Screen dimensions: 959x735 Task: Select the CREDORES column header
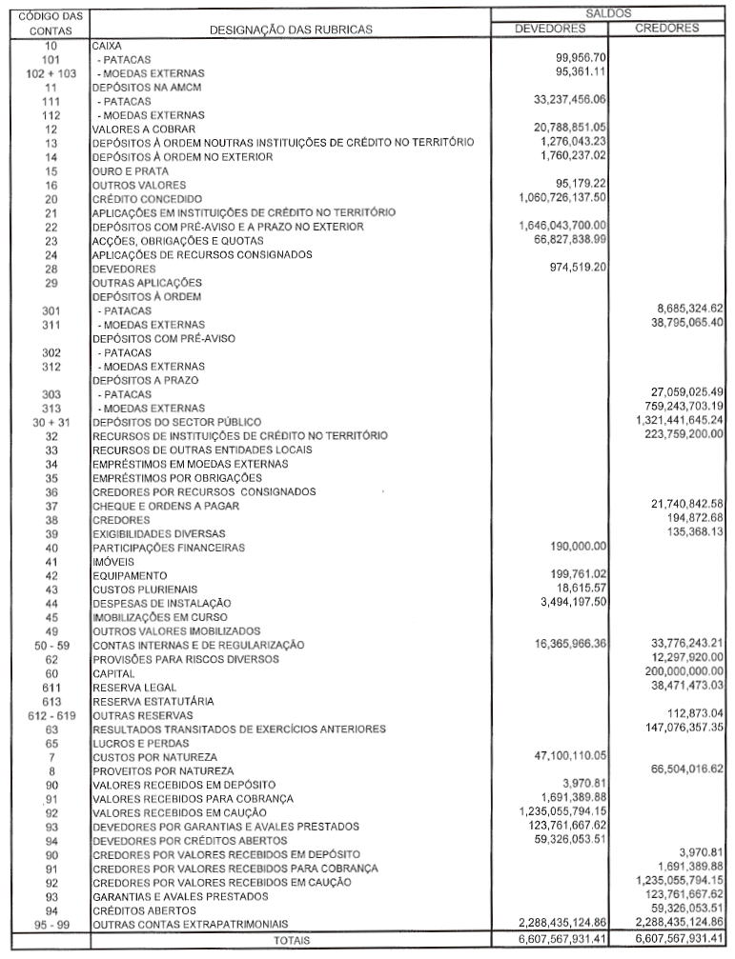(666, 28)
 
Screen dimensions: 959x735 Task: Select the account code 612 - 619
(51, 714)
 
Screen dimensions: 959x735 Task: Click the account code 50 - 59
(51, 645)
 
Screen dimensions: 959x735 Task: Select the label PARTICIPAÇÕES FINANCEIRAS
(168, 548)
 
